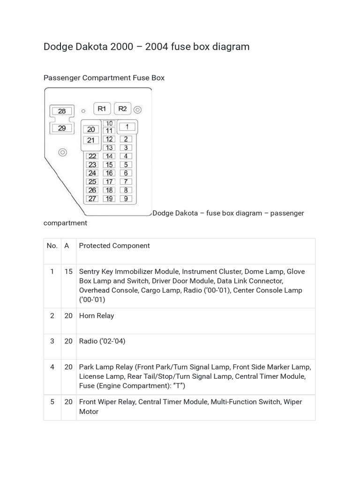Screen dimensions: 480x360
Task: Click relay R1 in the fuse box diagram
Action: click(x=102, y=109)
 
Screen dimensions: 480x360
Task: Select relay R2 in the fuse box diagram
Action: click(x=122, y=109)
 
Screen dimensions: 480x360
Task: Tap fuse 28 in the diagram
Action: click(x=62, y=111)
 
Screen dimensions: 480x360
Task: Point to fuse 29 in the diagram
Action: click(x=62, y=128)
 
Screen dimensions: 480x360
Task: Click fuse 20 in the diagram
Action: click(x=91, y=129)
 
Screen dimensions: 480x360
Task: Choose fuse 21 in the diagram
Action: click(x=91, y=140)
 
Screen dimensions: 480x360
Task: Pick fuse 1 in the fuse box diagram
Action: click(x=126, y=127)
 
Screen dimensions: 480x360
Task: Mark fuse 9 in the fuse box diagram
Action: click(x=126, y=199)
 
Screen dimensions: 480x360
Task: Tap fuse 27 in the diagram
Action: click(x=92, y=199)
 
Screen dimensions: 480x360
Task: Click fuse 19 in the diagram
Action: click(x=109, y=199)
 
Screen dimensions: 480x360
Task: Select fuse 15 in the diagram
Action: click(x=109, y=165)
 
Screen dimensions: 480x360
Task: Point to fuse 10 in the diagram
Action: click(x=109, y=123)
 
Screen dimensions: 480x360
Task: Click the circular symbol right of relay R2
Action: click(x=137, y=110)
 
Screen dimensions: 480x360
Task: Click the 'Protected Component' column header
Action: click(x=114, y=246)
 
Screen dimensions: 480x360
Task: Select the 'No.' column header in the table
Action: click(x=52, y=246)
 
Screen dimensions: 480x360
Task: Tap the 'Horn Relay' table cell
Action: click(x=97, y=316)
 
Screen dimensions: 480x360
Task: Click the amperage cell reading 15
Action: click(x=68, y=271)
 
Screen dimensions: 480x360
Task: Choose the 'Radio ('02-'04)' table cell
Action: click(x=102, y=341)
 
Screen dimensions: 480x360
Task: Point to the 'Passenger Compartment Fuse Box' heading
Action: click(x=104, y=78)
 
